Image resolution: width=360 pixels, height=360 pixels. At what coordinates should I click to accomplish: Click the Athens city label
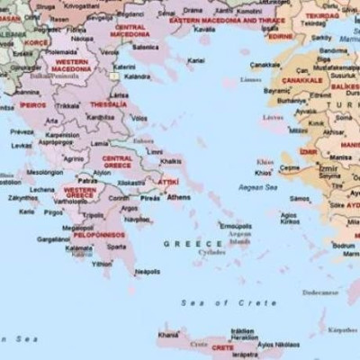(179, 196)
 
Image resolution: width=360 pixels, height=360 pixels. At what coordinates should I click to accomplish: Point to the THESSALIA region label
(108, 104)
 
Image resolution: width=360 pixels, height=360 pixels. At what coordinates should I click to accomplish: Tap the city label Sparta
(116, 247)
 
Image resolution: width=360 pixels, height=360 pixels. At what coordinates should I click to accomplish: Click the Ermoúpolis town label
(236, 225)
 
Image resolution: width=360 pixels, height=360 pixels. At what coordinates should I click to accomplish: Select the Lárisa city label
(118, 94)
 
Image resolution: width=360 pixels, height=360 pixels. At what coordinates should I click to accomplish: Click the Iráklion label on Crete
(243, 329)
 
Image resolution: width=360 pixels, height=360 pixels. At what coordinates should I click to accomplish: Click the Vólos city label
(139, 117)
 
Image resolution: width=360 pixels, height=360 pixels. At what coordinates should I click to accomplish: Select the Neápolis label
(147, 270)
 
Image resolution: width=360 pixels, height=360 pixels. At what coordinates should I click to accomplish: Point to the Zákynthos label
(23, 196)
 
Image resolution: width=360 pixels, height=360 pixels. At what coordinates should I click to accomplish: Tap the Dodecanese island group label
(319, 292)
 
